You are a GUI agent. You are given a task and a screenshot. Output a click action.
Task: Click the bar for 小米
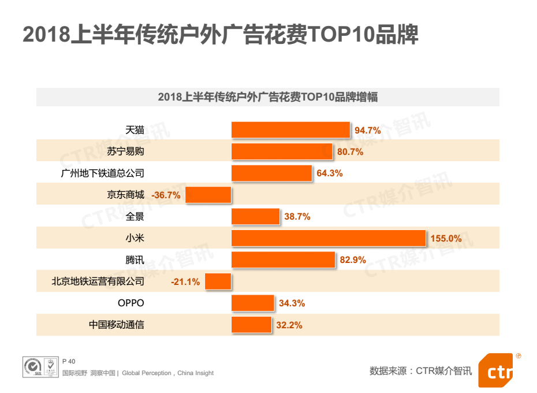329,238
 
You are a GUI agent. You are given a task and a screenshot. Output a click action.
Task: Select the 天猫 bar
290,130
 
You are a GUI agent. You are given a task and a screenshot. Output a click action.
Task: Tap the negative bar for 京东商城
208,195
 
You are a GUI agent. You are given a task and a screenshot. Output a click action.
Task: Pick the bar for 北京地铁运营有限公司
218,281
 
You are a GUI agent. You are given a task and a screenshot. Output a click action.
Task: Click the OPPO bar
252,303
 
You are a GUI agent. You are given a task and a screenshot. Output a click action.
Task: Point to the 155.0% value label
446,238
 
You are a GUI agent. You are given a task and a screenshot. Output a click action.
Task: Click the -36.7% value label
166,195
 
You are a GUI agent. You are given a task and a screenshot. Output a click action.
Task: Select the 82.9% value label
353,260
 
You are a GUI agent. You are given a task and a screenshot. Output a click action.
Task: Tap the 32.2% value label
289,325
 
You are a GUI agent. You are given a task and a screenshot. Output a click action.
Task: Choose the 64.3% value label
329,173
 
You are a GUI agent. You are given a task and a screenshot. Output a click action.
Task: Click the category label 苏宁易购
125,152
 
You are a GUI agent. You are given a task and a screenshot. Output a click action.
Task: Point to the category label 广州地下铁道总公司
102,173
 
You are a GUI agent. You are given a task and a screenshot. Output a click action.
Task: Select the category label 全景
135,217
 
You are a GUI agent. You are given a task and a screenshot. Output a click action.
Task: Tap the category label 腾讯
135,260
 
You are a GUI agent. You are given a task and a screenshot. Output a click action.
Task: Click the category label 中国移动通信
116,325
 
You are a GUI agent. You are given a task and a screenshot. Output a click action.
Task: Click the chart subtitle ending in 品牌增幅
268,97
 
